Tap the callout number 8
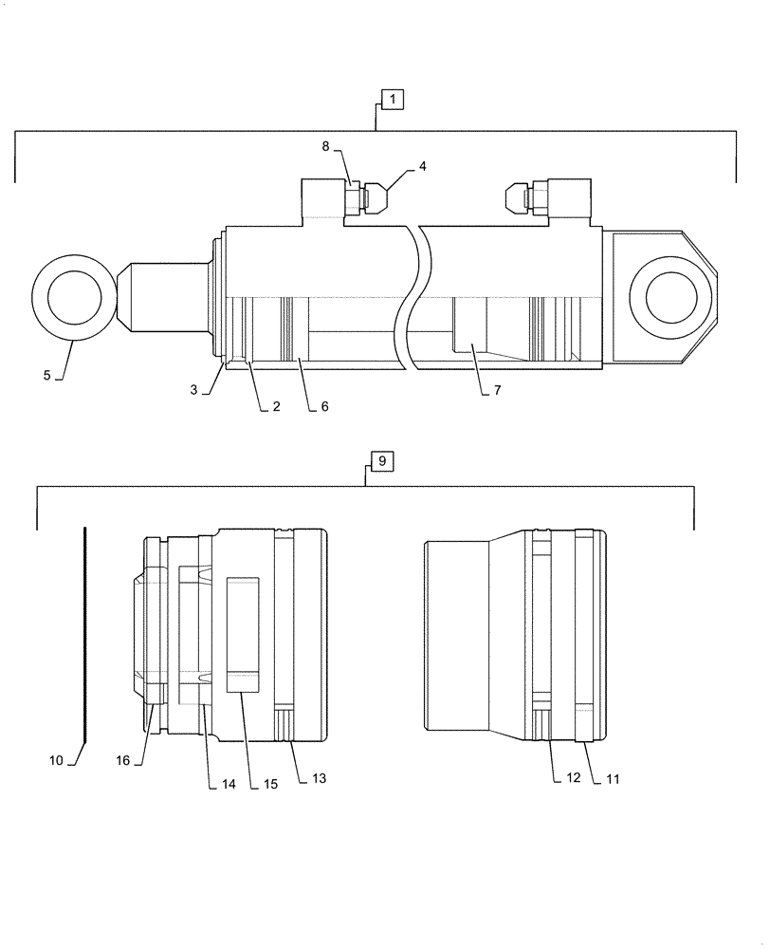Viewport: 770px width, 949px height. [x=325, y=146]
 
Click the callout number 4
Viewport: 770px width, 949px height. [x=422, y=166]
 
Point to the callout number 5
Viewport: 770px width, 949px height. [x=46, y=375]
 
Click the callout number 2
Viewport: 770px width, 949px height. [x=276, y=406]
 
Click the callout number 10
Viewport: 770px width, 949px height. [x=56, y=760]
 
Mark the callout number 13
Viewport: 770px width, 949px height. [x=319, y=778]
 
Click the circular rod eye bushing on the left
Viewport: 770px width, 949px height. [x=66, y=296]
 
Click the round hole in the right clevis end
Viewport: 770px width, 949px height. [x=671, y=296]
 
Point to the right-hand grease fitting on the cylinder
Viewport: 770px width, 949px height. [x=522, y=197]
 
